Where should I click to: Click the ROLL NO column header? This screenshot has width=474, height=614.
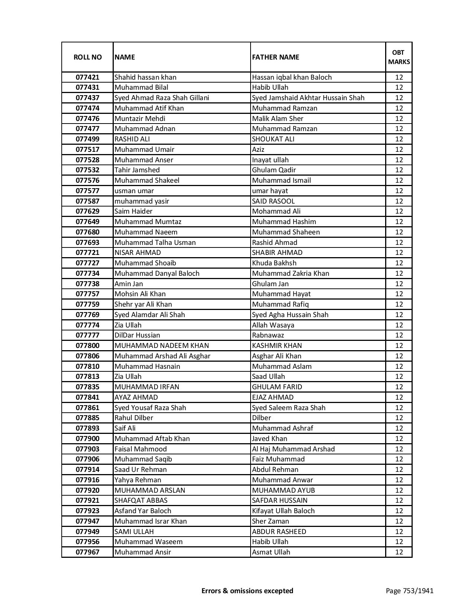87,57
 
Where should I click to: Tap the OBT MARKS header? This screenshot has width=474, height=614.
399,57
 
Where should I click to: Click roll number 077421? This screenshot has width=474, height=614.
87,77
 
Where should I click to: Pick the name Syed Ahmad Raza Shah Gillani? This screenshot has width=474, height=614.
162,98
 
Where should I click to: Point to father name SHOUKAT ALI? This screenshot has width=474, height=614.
273,139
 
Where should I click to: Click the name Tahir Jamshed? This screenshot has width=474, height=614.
137,170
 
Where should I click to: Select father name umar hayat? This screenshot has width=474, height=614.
270,191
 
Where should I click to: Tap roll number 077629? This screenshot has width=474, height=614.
87,211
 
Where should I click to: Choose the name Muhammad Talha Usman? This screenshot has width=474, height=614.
155,243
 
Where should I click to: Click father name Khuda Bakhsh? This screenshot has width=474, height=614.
274,263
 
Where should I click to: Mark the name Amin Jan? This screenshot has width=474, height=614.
129,284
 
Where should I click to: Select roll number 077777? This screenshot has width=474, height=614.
87,335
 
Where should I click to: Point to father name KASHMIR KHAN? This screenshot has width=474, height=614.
277,346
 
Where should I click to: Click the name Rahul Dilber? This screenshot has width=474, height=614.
134,418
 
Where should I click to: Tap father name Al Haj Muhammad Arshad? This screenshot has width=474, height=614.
293,449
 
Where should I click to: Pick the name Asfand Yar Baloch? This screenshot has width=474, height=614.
143,511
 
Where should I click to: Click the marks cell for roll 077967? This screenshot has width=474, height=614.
399,552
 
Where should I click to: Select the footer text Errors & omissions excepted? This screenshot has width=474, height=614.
247,591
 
